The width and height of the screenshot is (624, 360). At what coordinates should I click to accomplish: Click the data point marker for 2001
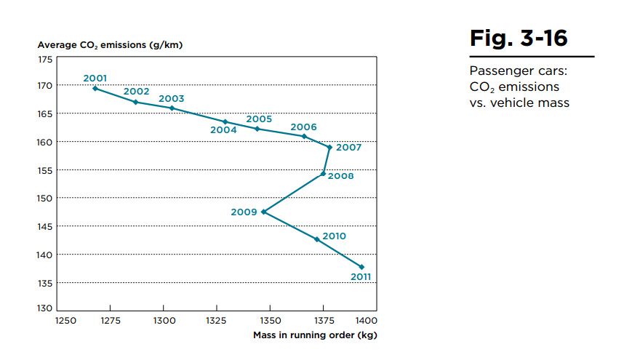tap(95, 88)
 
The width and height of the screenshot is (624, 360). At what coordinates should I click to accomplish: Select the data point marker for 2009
tap(263, 212)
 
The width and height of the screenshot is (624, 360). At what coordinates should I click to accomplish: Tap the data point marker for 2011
tap(361, 267)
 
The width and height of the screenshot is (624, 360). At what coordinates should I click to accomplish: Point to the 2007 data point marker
tap(329, 147)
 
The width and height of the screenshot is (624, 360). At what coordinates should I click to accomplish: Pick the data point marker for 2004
tap(225, 121)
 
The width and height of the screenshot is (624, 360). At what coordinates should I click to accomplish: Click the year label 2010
tap(334, 236)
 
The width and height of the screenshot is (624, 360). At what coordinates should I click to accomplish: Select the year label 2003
tap(171, 99)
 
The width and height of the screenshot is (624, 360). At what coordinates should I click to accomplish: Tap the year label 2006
tap(303, 127)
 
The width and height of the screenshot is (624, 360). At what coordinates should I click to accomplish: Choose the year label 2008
tap(340, 176)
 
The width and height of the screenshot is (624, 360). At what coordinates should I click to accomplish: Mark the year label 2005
tap(259, 119)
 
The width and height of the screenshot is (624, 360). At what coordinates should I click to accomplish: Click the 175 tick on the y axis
tap(44, 57)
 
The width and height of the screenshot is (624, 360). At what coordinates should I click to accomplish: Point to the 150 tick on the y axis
tap(44, 198)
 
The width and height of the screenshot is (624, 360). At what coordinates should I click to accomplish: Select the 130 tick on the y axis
tap(44, 311)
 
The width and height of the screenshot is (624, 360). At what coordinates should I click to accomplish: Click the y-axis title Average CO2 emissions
tap(110, 45)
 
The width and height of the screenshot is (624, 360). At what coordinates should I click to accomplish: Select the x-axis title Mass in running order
tap(315, 335)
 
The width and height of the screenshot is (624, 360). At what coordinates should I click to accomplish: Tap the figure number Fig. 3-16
tap(519, 39)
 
